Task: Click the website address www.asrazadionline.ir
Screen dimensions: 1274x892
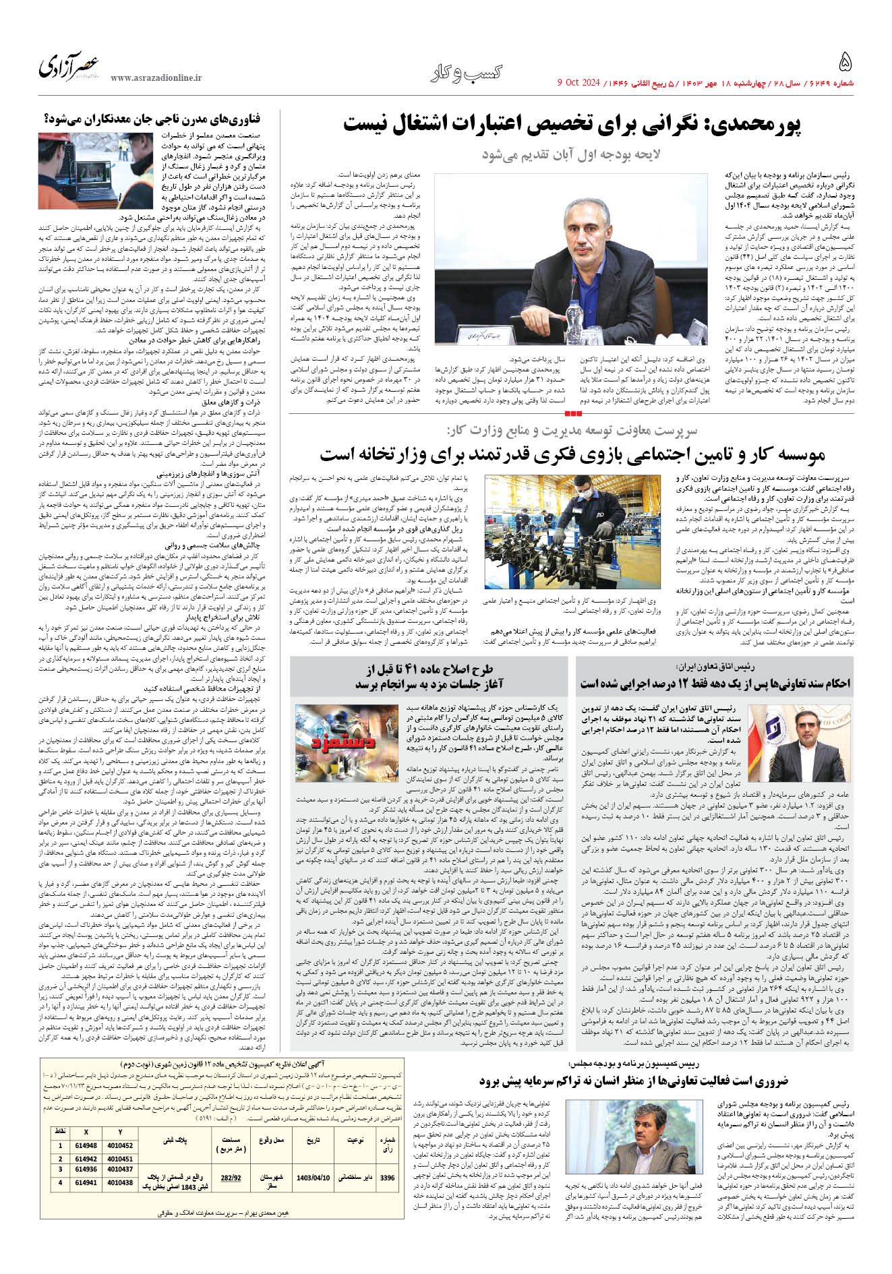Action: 156,78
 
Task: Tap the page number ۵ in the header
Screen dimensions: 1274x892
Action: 845,63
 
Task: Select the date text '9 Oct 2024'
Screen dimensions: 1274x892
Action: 578,83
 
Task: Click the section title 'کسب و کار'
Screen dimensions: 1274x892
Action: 467,73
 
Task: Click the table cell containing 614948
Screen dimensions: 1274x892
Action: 86,1164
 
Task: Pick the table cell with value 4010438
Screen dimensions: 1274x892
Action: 120,1201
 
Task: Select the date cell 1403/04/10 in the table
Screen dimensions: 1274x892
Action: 313,1196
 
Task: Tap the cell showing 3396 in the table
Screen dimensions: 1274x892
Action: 387,1196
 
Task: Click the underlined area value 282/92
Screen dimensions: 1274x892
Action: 231,1196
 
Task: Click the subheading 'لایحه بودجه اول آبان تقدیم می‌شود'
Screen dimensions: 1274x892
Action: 571,154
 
